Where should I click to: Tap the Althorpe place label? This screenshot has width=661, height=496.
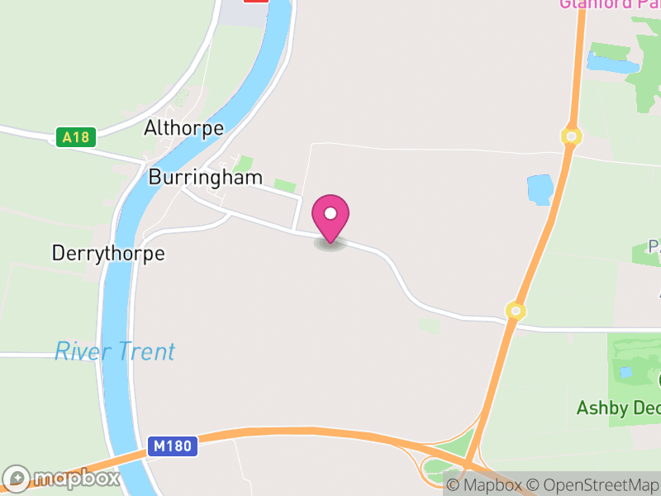183,128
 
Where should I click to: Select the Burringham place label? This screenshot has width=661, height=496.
206,177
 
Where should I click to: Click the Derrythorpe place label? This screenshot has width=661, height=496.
108,253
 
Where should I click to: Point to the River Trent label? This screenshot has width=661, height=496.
115,351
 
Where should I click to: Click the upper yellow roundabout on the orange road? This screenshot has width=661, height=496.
570,135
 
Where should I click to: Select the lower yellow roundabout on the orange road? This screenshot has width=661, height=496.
516,311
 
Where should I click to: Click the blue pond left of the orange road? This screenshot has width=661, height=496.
540,189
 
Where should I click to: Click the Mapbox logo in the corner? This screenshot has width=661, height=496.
62,478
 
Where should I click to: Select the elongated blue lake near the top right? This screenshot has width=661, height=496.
611,62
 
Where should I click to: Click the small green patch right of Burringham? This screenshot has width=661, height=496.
284,186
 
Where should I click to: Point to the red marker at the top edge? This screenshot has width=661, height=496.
256,2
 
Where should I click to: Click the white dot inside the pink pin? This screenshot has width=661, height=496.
330,213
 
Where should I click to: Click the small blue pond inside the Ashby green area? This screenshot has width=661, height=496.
626,372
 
